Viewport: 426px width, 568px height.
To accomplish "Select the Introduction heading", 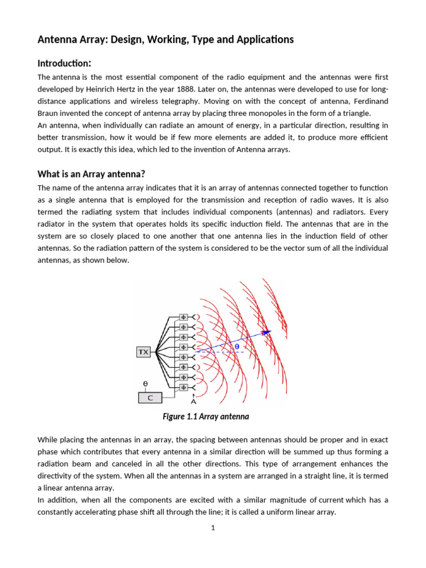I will pyautogui.click(x=64, y=64).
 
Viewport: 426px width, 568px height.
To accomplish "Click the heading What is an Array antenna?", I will pyautogui.click(x=91, y=175).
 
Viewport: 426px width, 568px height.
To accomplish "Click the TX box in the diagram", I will pyautogui.click(x=143, y=352).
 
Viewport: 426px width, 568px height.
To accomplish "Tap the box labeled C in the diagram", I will pyautogui.click(x=150, y=398).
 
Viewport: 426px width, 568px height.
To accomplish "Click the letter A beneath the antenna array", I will pyautogui.click(x=193, y=401).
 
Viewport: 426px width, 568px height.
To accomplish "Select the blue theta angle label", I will pyautogui.click(x=236, y=347).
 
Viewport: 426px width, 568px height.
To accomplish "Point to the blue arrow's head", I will pyautogui.click(x=268, y=332).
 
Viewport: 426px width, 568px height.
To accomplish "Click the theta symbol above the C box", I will pyautogui.click(x=145, y=383).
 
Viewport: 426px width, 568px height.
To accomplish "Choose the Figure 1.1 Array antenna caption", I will pyautogui.click(x=206, y=416).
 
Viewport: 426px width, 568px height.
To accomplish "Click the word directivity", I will pyautogui.click(x=58, y=476).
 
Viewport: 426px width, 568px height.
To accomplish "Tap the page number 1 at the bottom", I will pyautogui.click(x=213, y=528).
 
